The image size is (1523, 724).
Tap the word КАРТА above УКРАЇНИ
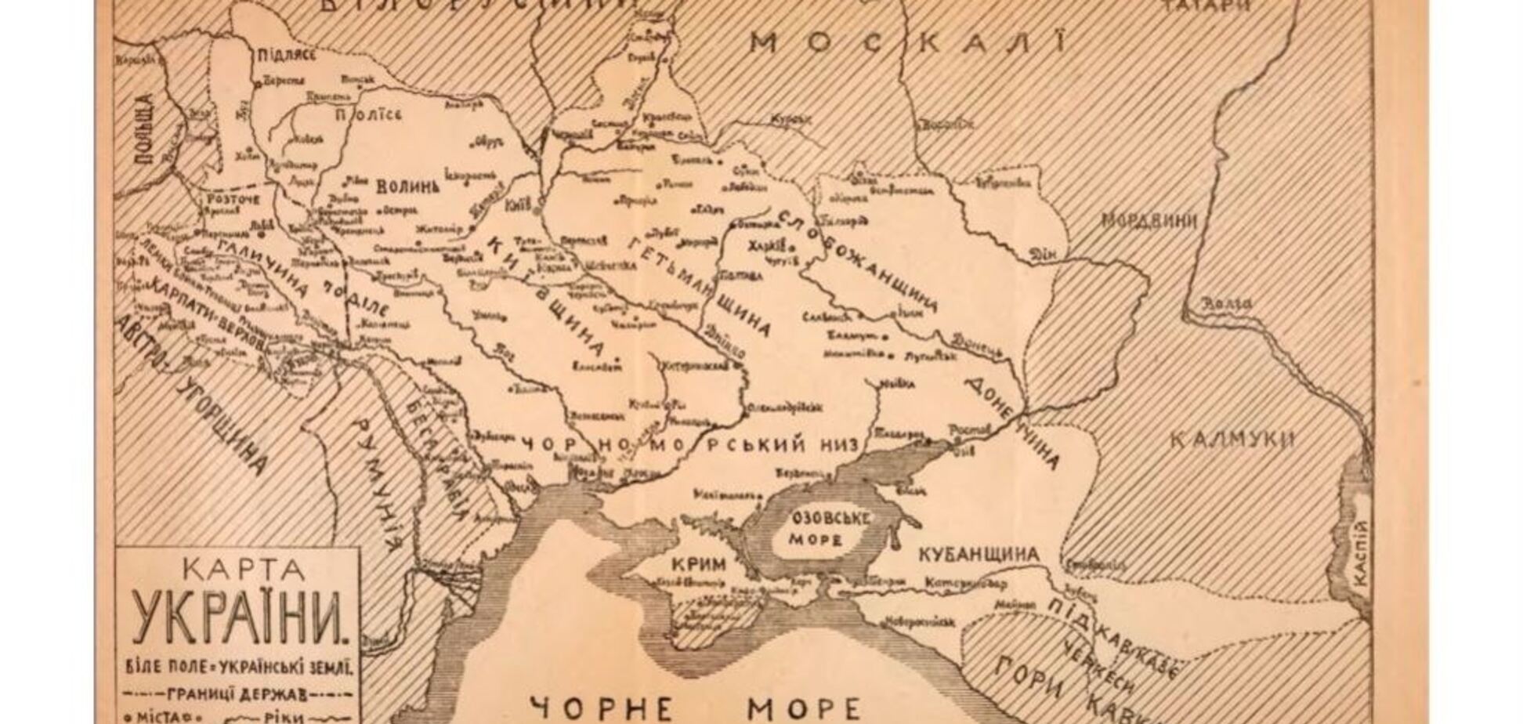point(238,570)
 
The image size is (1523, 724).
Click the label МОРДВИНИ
point(1149,222)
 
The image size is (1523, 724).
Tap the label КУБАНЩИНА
point(979,555)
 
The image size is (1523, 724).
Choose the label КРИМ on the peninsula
point(699,564)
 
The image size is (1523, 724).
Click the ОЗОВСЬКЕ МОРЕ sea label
point(816,529)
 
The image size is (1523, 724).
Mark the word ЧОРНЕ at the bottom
point(601,708)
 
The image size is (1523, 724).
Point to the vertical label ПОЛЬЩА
point(145,129)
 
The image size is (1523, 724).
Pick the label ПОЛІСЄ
point(367,115)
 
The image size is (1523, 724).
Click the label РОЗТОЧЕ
point(232,201)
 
